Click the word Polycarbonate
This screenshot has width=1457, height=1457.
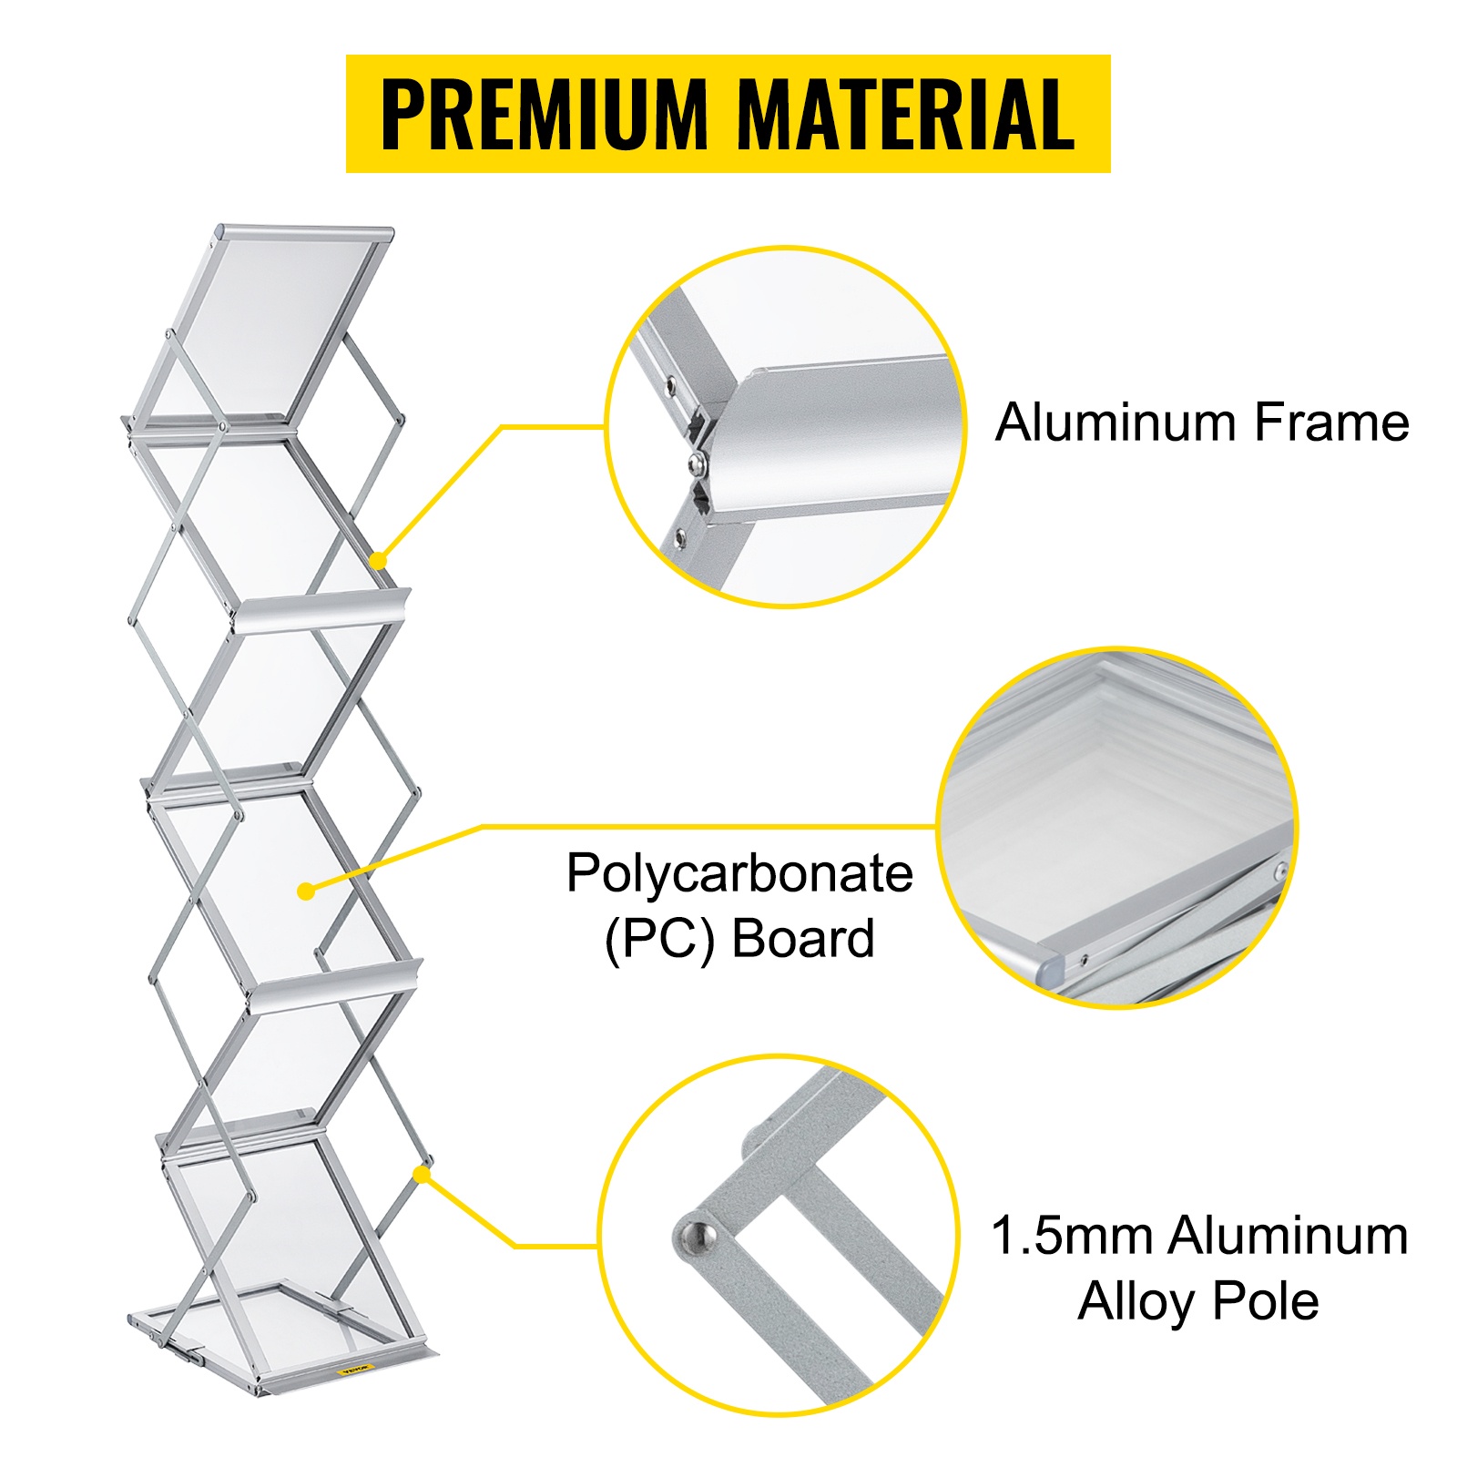(x=739, y=875)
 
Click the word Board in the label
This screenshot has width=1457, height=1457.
(x=803, y=939)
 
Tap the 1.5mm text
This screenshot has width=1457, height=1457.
(x=1074, y=1236)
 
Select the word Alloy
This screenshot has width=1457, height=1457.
(x=1138, y=1301)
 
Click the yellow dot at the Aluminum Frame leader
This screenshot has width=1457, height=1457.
(x=379, y=560)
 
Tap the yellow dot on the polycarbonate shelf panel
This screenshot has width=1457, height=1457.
(x=306, y=891)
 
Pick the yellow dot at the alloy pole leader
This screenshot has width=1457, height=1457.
(x=421, y=1175)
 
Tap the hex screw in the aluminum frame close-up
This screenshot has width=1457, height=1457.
(x=699, y=464)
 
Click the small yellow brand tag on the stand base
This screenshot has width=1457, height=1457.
(x=355, y=1369)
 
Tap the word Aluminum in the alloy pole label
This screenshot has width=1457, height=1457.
(x=1289, y=1236)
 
